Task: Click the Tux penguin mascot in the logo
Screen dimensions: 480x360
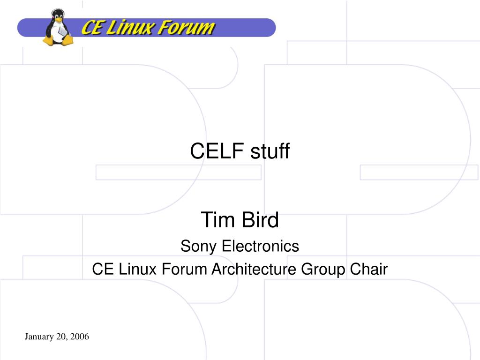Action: tap(58, 28)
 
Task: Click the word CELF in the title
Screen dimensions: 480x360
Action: tap(217, 151)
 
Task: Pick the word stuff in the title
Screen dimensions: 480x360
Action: tap(270, 151)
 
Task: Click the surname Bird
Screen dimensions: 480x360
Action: tap(260, 220)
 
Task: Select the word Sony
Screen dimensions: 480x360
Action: tap(198, 247)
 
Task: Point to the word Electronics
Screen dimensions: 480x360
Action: tap(260, 246)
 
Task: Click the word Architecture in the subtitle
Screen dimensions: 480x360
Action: tap(254, 269)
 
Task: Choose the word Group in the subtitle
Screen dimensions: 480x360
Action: tap(323, 270)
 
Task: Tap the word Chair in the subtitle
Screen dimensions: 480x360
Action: tap(368, 269)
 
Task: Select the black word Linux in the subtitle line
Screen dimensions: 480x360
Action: tap(137, 269)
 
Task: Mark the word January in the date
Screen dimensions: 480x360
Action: tap(39, 337)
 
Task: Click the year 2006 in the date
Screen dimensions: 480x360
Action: tap(80, 337)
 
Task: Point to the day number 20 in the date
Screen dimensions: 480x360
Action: tap(61, 337)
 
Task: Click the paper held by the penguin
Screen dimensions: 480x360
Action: tap(62, 31)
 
